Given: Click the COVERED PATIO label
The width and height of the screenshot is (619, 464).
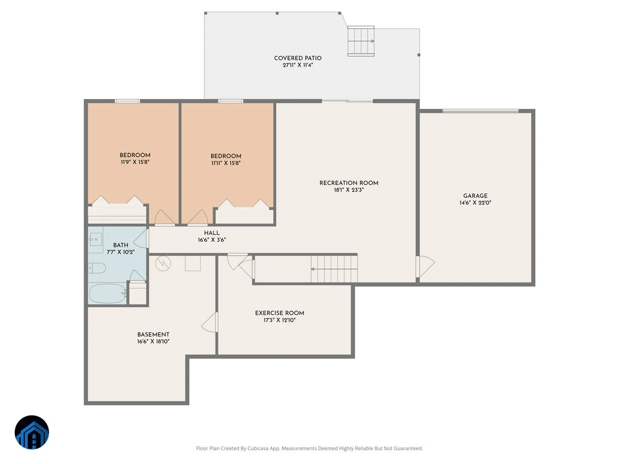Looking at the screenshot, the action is tap(298, 58).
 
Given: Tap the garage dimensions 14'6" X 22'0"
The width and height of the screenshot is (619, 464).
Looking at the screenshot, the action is tap(475, 203).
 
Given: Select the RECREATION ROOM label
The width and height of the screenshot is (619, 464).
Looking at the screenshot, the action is tap(349, 183).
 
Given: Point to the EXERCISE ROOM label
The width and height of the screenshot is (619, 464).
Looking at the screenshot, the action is tap(280, 313).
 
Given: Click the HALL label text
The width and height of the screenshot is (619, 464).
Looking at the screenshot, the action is tap(212, 233).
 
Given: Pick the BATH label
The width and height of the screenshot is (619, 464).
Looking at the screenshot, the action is tap(121, 245).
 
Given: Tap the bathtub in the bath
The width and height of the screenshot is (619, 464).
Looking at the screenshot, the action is tap(107, 293).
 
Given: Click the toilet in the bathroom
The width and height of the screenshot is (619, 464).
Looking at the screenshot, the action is tap(97, 268).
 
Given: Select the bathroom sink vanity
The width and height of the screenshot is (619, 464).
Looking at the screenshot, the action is tap(95, 240).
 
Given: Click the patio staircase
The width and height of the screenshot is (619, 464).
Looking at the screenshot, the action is tap(361, 41).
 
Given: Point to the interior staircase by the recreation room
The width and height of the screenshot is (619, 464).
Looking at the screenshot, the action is tap(334, 269).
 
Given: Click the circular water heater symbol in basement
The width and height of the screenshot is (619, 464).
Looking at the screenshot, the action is tap(163, 263).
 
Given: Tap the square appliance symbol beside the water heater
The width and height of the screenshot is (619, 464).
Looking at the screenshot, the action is tap(192, 263).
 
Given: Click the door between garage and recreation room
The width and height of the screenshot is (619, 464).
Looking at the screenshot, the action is tap(425, 267).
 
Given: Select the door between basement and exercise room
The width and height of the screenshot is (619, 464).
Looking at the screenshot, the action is tap(210, 322).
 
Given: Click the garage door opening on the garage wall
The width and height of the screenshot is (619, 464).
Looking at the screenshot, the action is tap(481, 111).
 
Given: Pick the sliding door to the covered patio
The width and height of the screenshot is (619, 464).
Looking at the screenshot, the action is tap(348, 101).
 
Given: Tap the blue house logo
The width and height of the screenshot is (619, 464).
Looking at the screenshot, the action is tap(32, 432).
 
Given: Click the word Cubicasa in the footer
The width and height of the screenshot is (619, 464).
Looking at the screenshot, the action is tap(258, 448).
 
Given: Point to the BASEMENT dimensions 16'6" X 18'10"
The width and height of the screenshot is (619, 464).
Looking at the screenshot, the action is tap(153, 341).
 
